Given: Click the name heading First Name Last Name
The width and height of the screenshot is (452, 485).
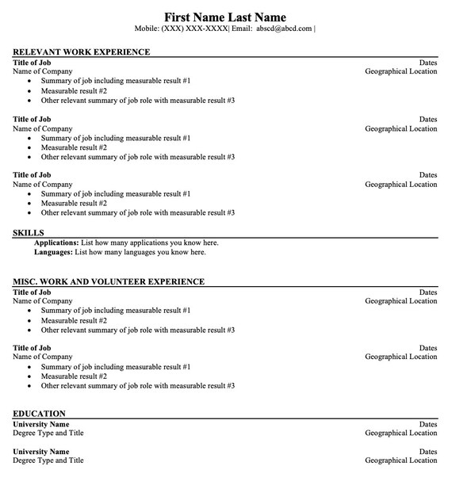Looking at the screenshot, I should pos(225,17).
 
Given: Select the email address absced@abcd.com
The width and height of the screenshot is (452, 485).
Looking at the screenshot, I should pos(283,29).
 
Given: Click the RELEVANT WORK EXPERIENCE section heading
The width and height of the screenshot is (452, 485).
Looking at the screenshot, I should pos(82,52).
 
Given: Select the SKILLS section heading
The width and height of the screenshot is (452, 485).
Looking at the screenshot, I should pos(29,232).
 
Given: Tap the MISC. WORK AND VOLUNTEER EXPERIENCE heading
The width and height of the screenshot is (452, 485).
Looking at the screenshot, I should pos(109,281).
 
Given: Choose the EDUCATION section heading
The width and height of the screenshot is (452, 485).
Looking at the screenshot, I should pos(40,413).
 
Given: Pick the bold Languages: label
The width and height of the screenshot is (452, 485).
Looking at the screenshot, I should pos(53,252).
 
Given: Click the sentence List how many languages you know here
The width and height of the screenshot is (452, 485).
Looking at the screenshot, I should pos(140,252).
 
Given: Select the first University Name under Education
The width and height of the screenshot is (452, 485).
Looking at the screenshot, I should pos(41,424).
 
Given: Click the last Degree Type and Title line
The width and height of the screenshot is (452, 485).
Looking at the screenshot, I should pos(48,460).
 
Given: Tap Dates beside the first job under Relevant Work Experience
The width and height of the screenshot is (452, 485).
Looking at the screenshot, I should pos(428,62).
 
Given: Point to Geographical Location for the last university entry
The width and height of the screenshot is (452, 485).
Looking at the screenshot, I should pos(400,460).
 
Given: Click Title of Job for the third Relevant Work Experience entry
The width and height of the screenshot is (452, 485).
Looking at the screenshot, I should pos(32,175).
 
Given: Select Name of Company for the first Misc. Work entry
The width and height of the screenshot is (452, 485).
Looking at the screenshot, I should pos(43,301).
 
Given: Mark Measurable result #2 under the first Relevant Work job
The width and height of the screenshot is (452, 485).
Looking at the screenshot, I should pos(74,90).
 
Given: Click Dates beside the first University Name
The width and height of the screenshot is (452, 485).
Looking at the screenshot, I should pos(428,424).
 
